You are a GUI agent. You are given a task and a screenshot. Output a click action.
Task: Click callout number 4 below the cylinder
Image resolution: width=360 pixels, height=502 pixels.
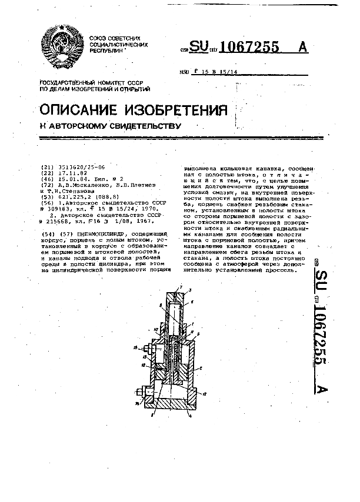tap(189, 416)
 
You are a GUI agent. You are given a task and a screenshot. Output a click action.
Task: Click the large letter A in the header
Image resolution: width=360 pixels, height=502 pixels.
tap(302, 48)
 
